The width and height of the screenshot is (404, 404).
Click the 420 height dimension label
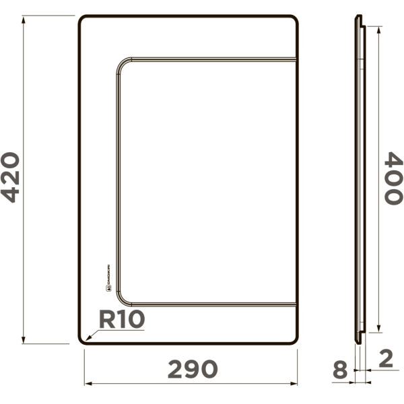(11, 177)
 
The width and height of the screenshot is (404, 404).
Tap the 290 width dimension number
(193, 368)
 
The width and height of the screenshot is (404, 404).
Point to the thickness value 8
(341, 369)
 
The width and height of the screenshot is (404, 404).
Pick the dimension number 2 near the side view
(385, 358)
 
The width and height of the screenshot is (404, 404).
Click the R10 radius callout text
(122, 319)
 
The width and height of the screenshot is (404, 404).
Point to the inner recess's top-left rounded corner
(122, 63)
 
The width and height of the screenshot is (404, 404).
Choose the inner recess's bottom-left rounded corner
(122, 300)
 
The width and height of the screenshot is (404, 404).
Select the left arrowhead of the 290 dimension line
(87, 384)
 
